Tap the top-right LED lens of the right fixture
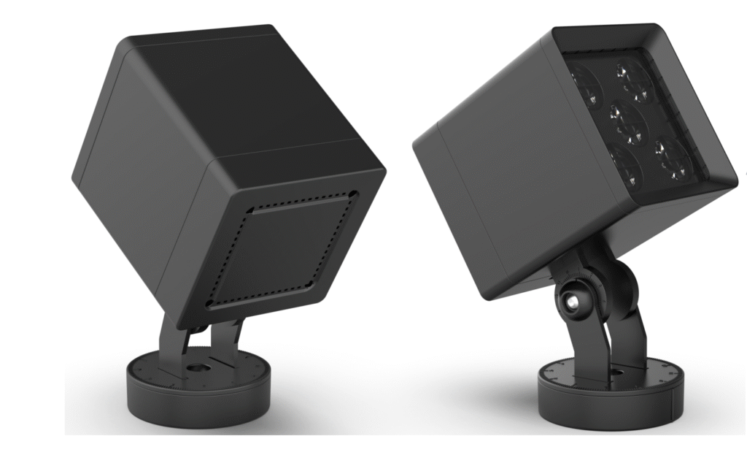(x=632, y=81)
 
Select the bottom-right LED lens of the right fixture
(x=672, y=158)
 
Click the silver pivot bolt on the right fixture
(x=573, y=300)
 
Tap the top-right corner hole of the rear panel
(x=354, y=194)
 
